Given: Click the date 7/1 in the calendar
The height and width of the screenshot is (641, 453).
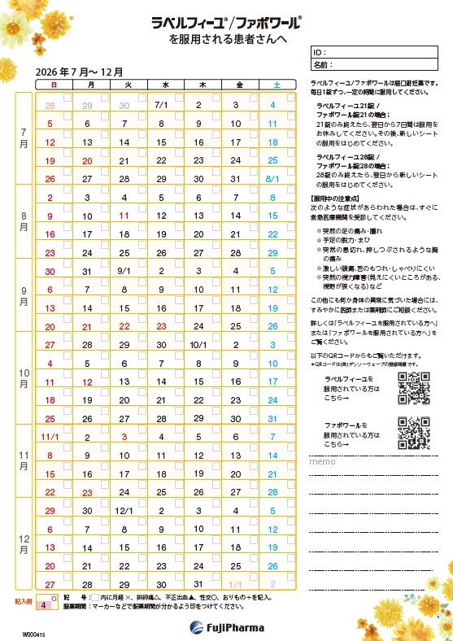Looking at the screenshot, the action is tap(160, 105).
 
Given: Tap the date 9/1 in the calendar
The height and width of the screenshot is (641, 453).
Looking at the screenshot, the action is tap(124, 271).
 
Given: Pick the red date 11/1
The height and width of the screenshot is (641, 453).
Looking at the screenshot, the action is tap(50, 437).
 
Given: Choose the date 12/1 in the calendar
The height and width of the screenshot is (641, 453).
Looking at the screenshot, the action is tap(124, 511).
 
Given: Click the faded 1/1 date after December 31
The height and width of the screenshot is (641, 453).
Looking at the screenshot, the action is tap(236, 585).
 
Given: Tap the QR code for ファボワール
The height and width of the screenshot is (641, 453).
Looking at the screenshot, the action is tap(413, 434).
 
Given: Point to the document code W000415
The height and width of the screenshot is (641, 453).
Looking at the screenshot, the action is tap(33, 633).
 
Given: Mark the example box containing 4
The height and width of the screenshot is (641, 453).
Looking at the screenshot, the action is tap(42, 606).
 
